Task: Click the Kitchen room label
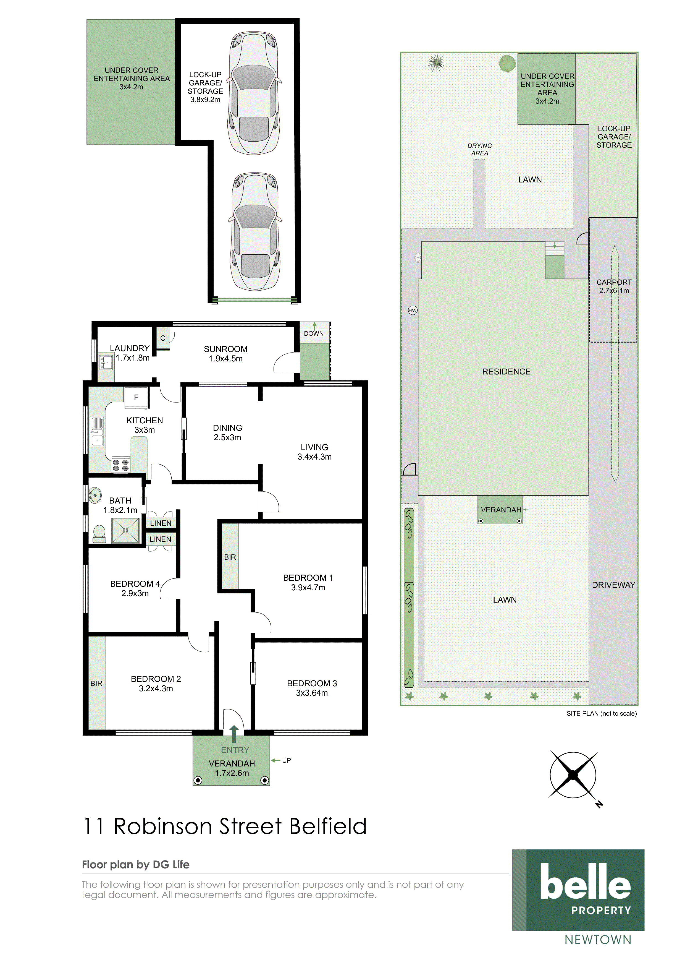click(x=144, y=420)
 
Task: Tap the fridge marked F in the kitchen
click(x=136, y=398)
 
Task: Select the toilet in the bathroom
click(x=99, y=534)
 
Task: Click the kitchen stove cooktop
click(x=120, y=465)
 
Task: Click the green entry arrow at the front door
click(x=234, y=734)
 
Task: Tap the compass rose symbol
click(x=573, y=775)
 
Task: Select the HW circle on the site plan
click(x=412, y=311)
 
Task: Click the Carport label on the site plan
click(x=614, y=282)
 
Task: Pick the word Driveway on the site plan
click(x=613, y=585)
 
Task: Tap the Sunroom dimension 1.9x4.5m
click(x=225, y=359)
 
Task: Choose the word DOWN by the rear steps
click(x=314, y=333)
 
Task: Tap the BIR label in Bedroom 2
click(x=96, y=684)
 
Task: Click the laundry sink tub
click(x=105, y=362)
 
